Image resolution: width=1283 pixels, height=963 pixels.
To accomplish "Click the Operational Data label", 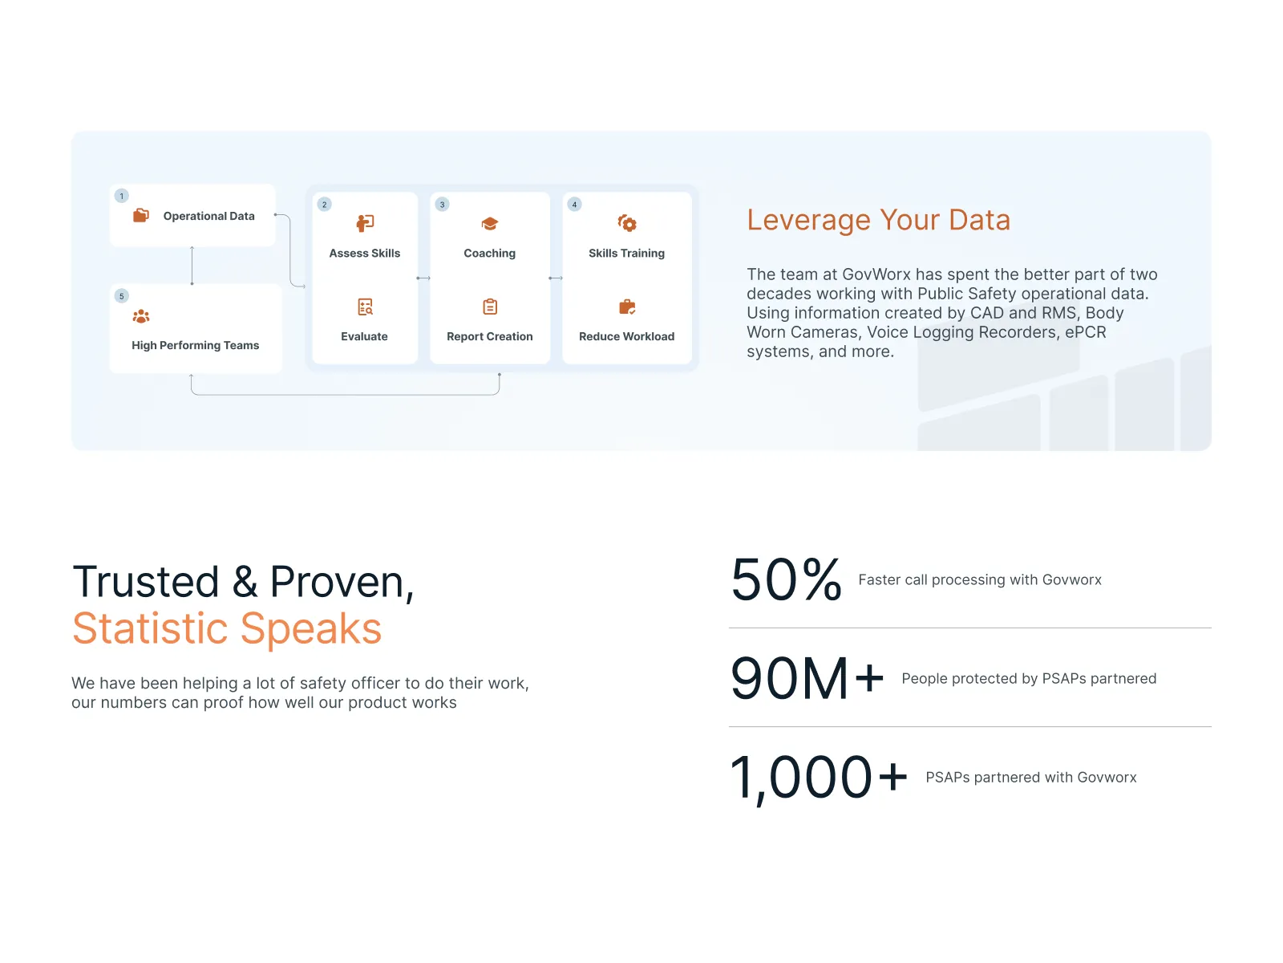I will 208,216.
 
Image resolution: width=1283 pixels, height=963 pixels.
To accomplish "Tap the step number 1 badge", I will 122,196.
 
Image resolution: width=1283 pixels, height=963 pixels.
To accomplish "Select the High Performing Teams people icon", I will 141,316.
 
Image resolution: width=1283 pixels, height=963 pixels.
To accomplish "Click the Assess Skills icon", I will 365,223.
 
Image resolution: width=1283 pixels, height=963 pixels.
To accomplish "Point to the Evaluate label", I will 364,336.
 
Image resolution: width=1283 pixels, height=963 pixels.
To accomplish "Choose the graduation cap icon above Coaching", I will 490,224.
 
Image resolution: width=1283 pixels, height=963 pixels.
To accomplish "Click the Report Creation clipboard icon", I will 490,307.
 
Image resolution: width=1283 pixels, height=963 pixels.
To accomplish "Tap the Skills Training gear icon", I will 627,223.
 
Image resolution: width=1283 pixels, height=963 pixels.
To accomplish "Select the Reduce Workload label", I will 626,336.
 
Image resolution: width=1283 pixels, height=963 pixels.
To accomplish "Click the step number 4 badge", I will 574,205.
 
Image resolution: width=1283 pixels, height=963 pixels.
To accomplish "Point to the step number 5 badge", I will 122,296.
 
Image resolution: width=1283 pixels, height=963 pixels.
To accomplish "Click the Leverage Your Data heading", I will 878,220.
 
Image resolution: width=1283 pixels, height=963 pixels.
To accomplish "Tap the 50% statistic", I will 786,579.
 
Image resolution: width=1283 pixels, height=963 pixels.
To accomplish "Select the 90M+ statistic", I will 807,678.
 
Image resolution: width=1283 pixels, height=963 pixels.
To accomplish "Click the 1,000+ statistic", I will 819,777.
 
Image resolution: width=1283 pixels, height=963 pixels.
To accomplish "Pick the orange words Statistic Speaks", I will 227,628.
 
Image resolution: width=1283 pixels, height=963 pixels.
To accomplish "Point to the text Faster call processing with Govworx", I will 980,579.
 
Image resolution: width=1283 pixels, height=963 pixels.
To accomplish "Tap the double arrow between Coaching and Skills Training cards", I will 556,278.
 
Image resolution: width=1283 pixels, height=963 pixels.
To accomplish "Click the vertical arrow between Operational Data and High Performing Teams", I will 192,265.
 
